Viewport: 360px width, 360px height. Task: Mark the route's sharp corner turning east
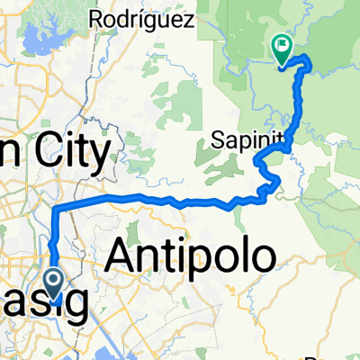(58, 208)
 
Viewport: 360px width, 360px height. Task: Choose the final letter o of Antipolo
(262, 259)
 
